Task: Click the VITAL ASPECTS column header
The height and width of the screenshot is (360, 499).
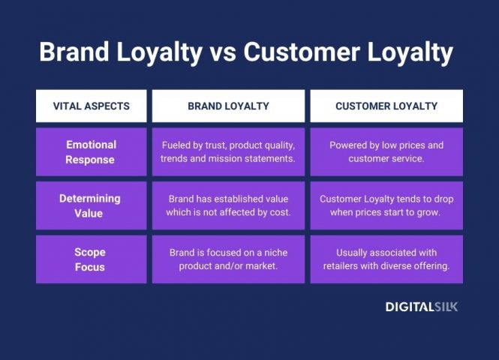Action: pos(91,106)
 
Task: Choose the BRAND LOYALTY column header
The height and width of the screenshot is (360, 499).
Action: pos(228,106)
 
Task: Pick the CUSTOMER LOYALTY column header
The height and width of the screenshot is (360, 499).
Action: pos(386,106)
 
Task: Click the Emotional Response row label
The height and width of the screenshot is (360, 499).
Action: pos(91,152)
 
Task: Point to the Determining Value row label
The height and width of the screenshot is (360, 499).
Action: pos(91,205)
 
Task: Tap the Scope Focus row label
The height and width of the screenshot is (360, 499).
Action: pos(91,259)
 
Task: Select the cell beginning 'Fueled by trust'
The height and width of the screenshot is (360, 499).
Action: pos(228,152)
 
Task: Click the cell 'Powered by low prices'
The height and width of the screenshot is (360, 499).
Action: pos(386,152)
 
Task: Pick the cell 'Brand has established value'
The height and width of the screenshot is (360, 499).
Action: pos(228,205)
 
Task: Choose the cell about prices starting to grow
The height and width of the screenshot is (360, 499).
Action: pos(386,205)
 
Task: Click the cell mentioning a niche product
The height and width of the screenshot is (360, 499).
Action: pos(228,259)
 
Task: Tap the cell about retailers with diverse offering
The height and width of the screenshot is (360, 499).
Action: pos(386,259)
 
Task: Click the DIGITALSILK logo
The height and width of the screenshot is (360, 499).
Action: pos(421,307)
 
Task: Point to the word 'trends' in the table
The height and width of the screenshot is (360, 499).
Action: pos(176,159)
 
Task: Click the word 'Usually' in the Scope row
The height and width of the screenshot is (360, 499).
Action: pos(355,253)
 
